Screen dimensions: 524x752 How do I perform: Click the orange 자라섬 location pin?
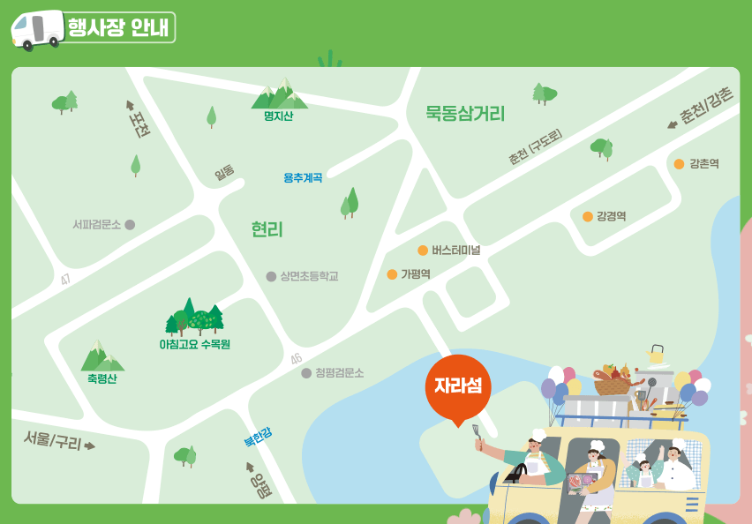457,387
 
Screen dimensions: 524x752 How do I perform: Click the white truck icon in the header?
37,29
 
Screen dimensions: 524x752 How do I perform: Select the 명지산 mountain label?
278,116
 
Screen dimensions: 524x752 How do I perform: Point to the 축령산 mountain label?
102,378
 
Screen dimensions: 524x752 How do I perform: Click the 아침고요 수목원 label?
194,344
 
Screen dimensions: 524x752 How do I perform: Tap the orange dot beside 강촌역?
679,164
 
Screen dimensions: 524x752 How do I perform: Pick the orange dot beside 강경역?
587,216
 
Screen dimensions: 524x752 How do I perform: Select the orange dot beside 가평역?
392,274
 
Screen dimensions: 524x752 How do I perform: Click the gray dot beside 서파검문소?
130,225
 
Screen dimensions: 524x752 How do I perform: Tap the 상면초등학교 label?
309,276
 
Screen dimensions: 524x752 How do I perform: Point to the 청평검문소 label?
339,373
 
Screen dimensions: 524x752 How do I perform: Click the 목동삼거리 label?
465,113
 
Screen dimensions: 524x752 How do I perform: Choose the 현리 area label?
267,230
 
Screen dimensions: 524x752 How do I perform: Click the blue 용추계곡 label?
303,177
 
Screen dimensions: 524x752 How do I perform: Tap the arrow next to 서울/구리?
89,445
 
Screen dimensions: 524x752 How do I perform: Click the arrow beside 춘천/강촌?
672,124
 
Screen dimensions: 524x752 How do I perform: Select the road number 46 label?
296,359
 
